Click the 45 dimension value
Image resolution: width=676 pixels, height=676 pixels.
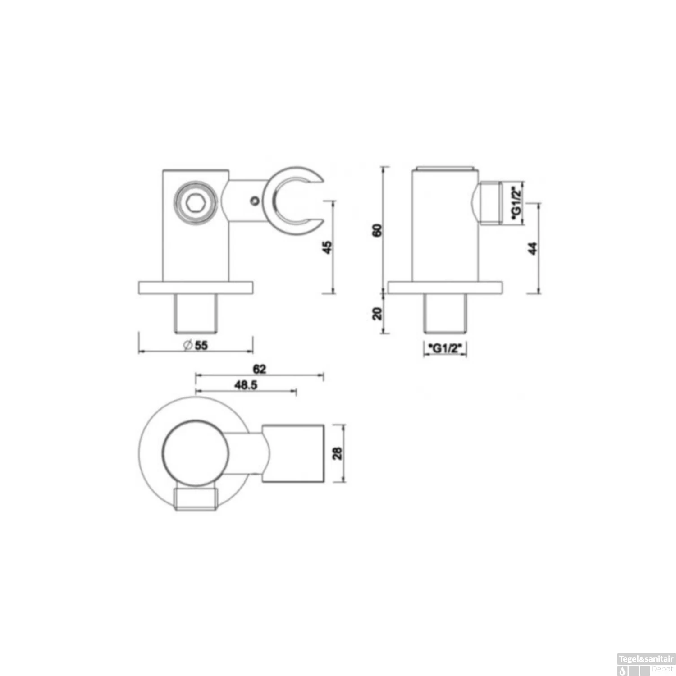(328, 247)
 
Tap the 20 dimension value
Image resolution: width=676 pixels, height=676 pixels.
(378, 313)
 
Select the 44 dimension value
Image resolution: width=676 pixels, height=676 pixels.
(533, 248)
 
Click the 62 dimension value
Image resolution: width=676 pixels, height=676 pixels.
(260, 369)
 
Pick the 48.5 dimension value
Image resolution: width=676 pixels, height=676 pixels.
(246, 385)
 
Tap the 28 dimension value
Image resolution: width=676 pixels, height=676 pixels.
(337, 453)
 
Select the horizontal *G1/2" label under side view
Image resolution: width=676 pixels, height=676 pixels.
(445, 348)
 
